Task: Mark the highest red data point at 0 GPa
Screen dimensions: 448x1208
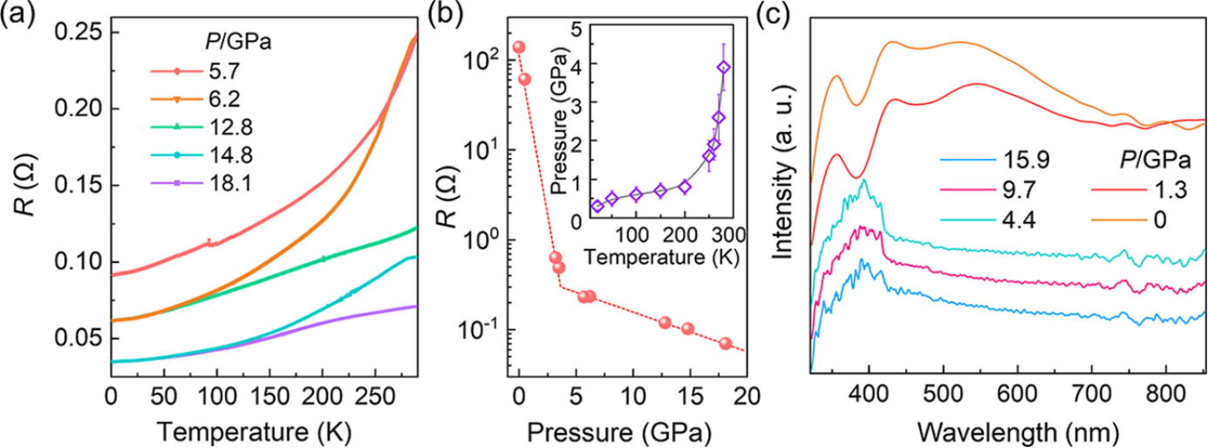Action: coord(519,47)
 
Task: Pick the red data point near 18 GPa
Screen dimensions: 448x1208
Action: coord(725,343)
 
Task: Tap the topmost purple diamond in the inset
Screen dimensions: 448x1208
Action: coord(723,67)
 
